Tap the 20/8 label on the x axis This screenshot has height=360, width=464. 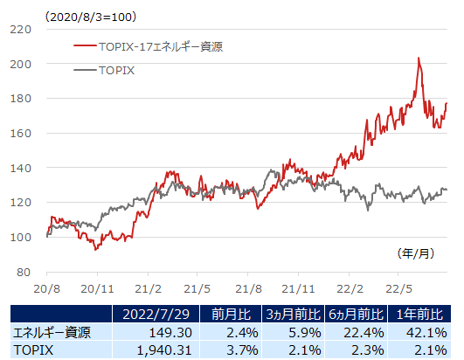(x=46, y=287)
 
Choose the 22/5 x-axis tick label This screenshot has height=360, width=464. (x=399, y=287)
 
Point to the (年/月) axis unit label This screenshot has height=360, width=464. (x=414, y=253)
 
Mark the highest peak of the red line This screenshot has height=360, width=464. (x=419, y=59)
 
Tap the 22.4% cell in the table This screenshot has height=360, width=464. (x=365, y=332)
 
